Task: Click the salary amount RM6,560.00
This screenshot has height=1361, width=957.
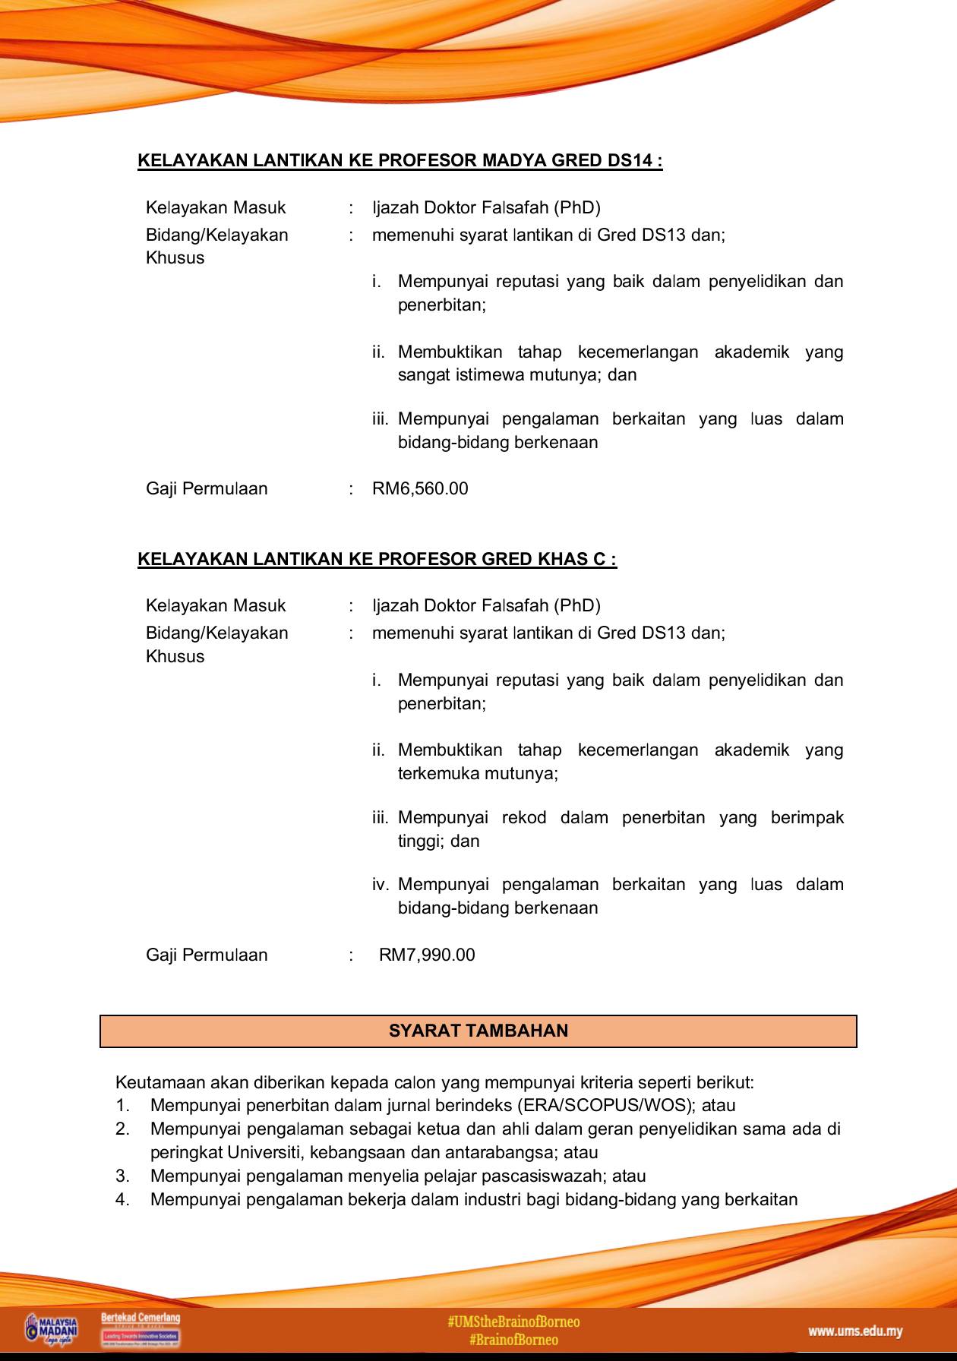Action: coord(420,488)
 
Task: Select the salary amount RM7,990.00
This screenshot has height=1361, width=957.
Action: coord(427,955)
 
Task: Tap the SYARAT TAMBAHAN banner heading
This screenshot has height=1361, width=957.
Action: coord(478,1031)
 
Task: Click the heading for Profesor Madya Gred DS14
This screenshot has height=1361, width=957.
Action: coord(400,161)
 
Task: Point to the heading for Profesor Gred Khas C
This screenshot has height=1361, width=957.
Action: coord(377,559)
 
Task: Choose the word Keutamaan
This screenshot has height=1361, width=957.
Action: coord(159,1082)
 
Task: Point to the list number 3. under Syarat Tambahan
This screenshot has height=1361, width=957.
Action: coord(122,1176)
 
